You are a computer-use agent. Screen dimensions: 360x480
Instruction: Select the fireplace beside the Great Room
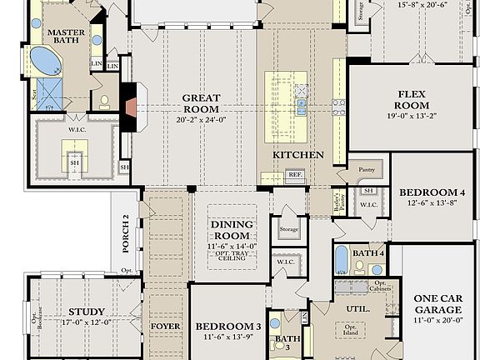(129, 107)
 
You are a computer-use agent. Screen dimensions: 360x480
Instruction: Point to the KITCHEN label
(297, 155)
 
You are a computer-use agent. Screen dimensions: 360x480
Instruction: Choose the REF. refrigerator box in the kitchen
(294, 175)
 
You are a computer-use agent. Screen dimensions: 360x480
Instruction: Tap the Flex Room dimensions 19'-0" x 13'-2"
(413, 117)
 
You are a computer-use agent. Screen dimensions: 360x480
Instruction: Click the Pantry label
(367, 169)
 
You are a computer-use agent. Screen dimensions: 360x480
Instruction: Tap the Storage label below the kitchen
(289, 229)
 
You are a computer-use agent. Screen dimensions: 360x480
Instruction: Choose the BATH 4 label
(367, 252)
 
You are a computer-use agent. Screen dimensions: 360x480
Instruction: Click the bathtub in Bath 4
(342, 259)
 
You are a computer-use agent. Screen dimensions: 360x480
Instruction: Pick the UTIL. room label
(354, 309)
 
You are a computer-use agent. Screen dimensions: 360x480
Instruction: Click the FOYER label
(165, 326)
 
